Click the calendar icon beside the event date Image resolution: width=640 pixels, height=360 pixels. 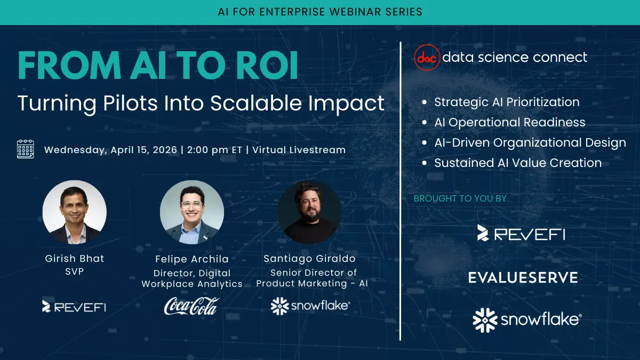(x=25, y=149)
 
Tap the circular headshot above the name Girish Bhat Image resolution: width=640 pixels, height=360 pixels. (x=74, y=212)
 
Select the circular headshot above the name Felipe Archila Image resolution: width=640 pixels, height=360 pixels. (x=191, y=212)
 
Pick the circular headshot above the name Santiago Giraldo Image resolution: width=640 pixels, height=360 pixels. (x=309, y=212)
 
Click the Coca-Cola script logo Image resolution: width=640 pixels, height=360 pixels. (x=191, y=306)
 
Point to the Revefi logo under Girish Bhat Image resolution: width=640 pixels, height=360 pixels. (x=74, y=306)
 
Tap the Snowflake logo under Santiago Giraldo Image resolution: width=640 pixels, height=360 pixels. (x=310, y=306)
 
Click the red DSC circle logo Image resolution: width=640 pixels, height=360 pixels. (x=428, y=57)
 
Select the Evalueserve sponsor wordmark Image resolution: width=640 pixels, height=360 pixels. (x=523, y=277)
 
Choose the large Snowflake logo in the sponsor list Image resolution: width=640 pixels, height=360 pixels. (x=527, y=319)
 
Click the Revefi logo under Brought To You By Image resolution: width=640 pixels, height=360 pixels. (x=521, y=233)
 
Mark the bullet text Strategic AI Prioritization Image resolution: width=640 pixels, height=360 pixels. (x=507, y=102)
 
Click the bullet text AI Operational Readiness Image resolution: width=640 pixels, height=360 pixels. (x=509, y=122)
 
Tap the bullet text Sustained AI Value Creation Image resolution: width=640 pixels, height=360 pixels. (x=517, y=163)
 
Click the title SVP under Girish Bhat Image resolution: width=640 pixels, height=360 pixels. (x=74, y=271)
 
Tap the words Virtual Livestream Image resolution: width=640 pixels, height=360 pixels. (x=299, y=150)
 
